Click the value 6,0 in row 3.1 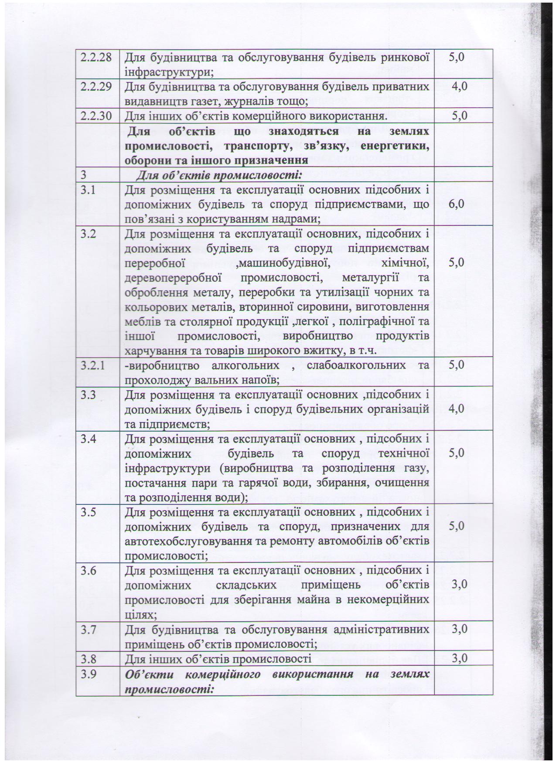(x=459, y=204)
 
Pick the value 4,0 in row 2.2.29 (x=459, y=86)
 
